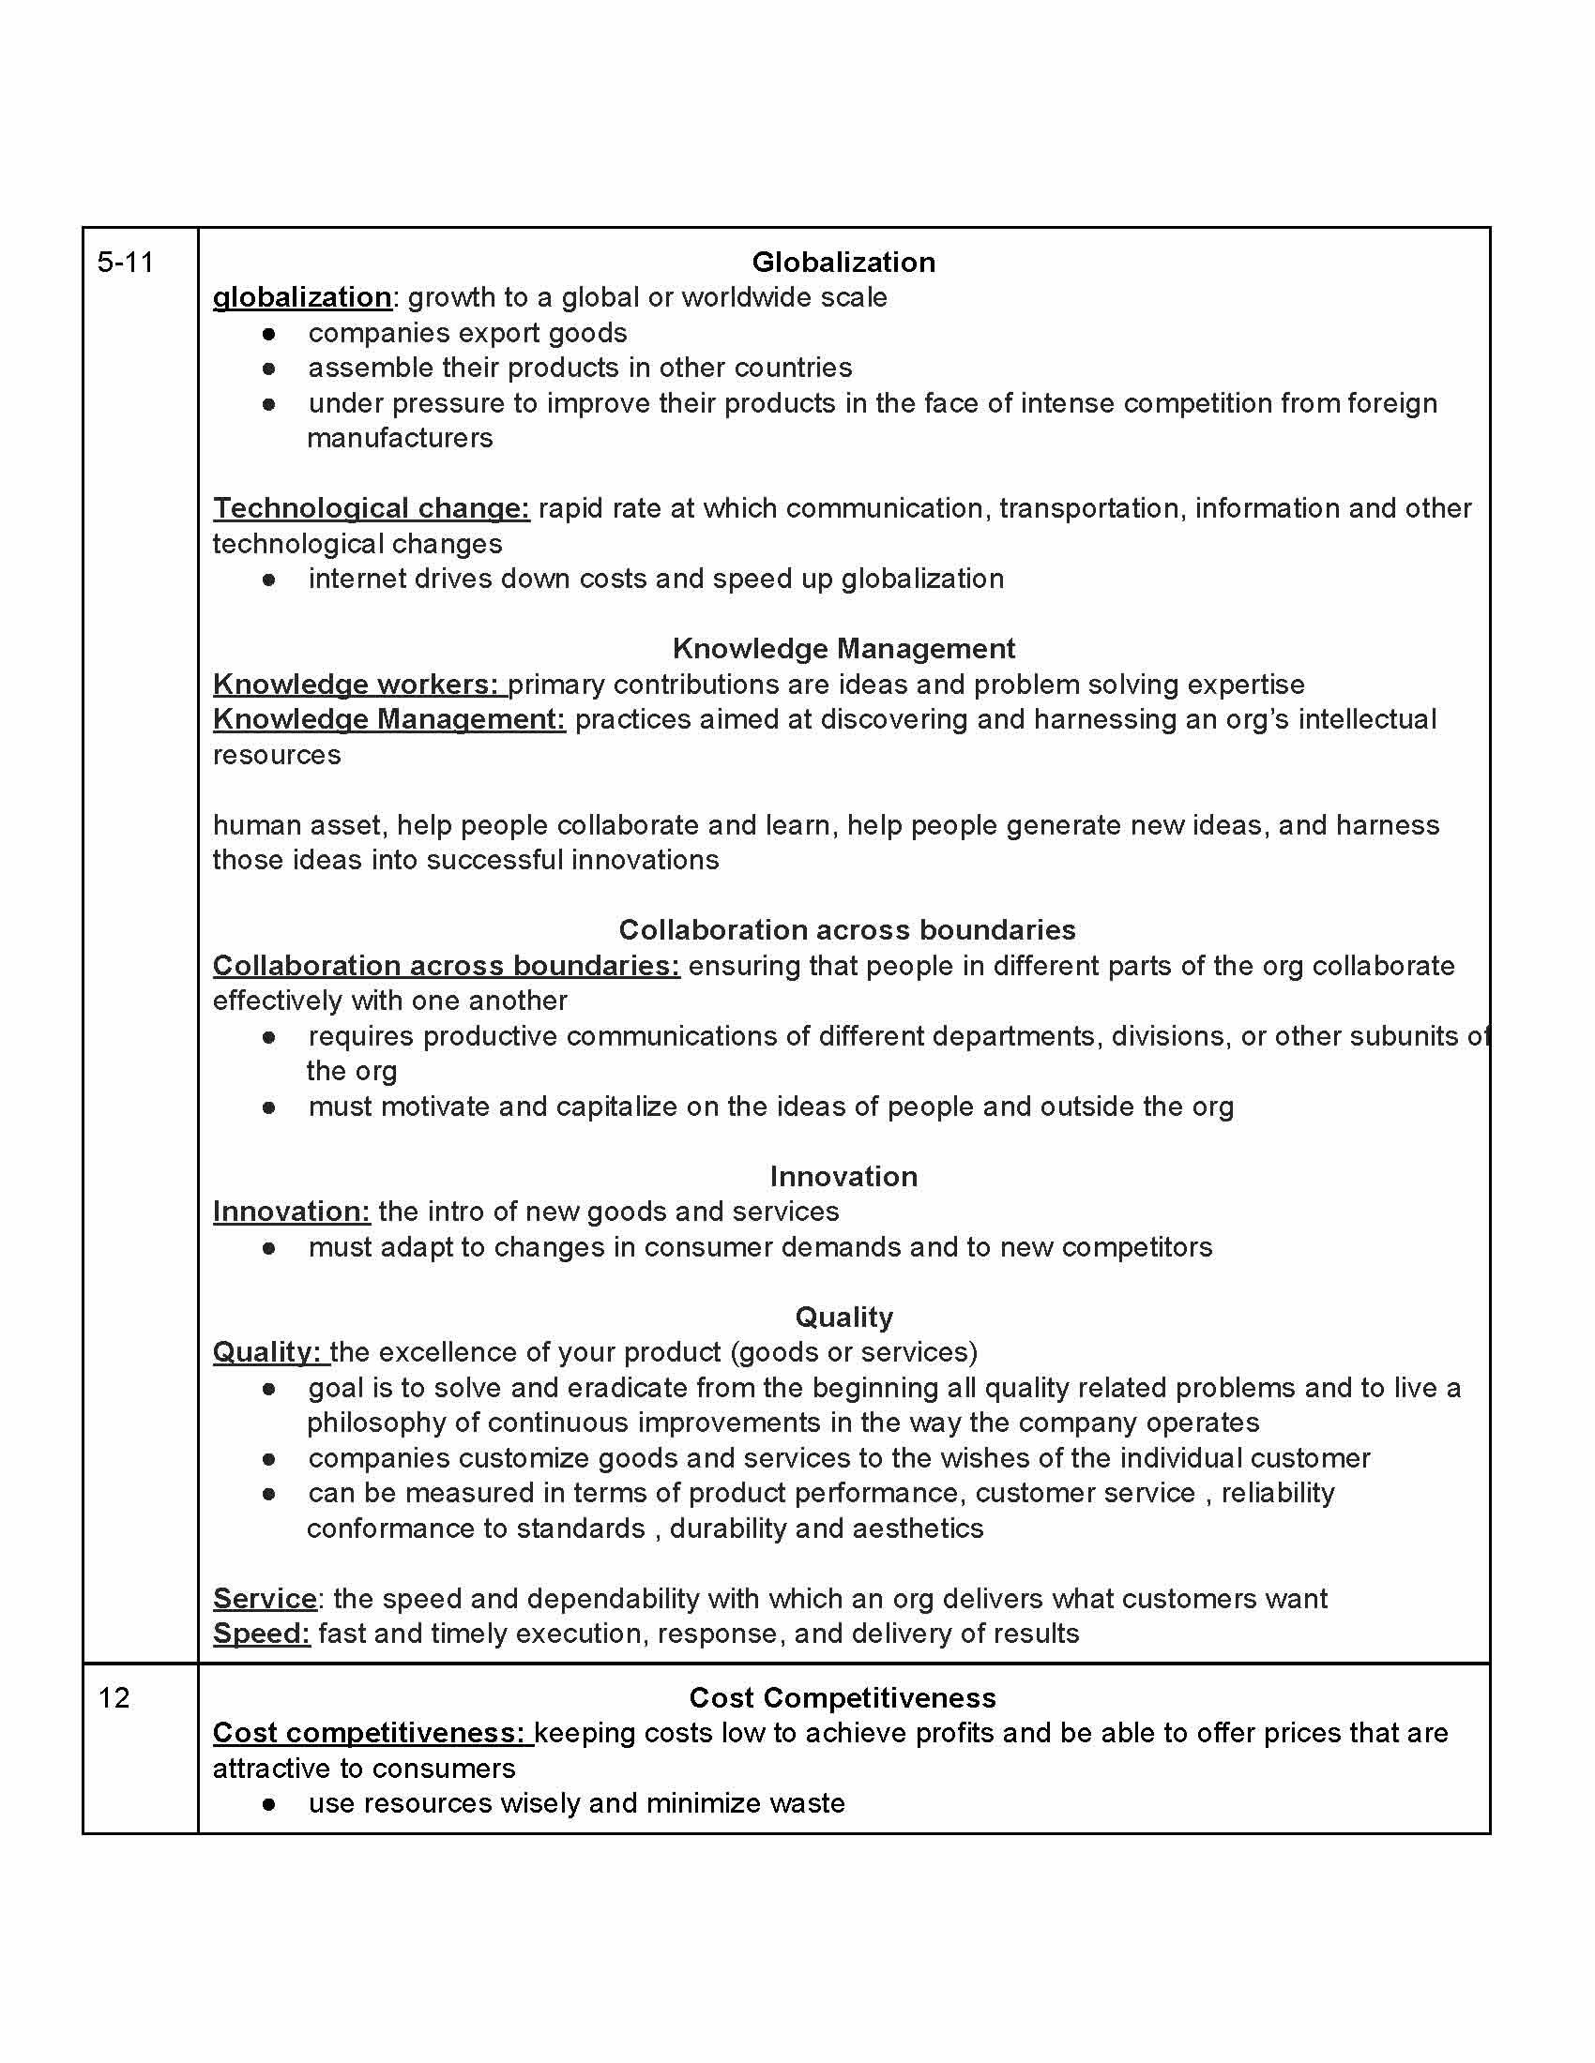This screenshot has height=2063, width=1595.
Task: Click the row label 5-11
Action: click(125, 263)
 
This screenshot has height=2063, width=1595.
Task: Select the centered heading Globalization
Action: click(843, 263)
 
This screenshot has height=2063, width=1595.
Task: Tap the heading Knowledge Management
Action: click(843, 649)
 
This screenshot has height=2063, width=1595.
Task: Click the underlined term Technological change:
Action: click(371, 508)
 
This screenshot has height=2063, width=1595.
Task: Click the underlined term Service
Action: click(265, 1598)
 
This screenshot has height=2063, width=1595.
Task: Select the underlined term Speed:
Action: click(261, 1634)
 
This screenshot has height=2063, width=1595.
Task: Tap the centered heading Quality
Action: click(843, 1317)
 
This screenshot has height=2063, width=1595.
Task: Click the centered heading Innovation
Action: click(843, 1176)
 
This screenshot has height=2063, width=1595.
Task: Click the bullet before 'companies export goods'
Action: click(269, 334)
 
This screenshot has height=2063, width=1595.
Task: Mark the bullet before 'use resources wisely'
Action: click(269, 1803)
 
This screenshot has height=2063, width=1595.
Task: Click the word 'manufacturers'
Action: click(400, 438)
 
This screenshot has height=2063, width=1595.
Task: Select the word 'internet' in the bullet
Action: click(350, 578)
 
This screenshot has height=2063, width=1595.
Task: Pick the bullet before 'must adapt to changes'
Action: click(269, 1248)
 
